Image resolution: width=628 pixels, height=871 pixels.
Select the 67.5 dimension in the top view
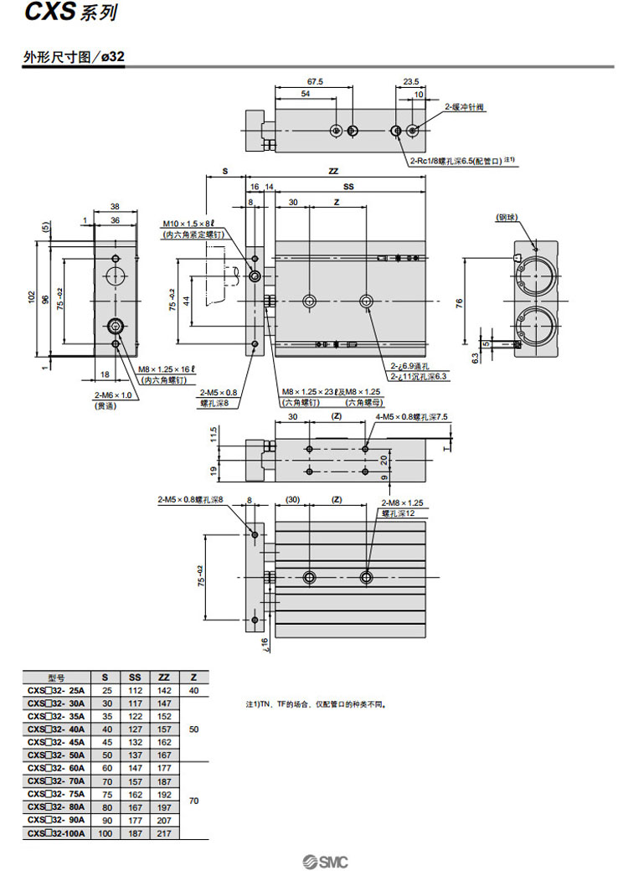click(315, 82)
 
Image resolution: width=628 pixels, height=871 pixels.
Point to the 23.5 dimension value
click(410, 82)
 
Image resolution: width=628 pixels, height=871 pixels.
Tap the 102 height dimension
click(32, 297)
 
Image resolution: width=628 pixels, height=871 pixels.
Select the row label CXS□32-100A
click(55, 833)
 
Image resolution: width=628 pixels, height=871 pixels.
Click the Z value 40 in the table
click(194, 690)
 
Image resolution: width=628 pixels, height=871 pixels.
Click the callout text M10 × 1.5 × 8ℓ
click(188, 224)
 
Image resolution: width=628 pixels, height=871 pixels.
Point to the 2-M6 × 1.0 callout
click(110, 395)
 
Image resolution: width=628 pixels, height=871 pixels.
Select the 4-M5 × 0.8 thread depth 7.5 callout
click(412, 416)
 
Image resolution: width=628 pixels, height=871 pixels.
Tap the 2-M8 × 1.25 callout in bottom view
click(404, 503)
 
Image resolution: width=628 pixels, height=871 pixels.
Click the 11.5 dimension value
click(214, 434)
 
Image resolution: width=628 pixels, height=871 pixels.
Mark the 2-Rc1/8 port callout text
click(456, 161)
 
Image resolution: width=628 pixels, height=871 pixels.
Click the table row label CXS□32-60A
click(55, 768)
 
